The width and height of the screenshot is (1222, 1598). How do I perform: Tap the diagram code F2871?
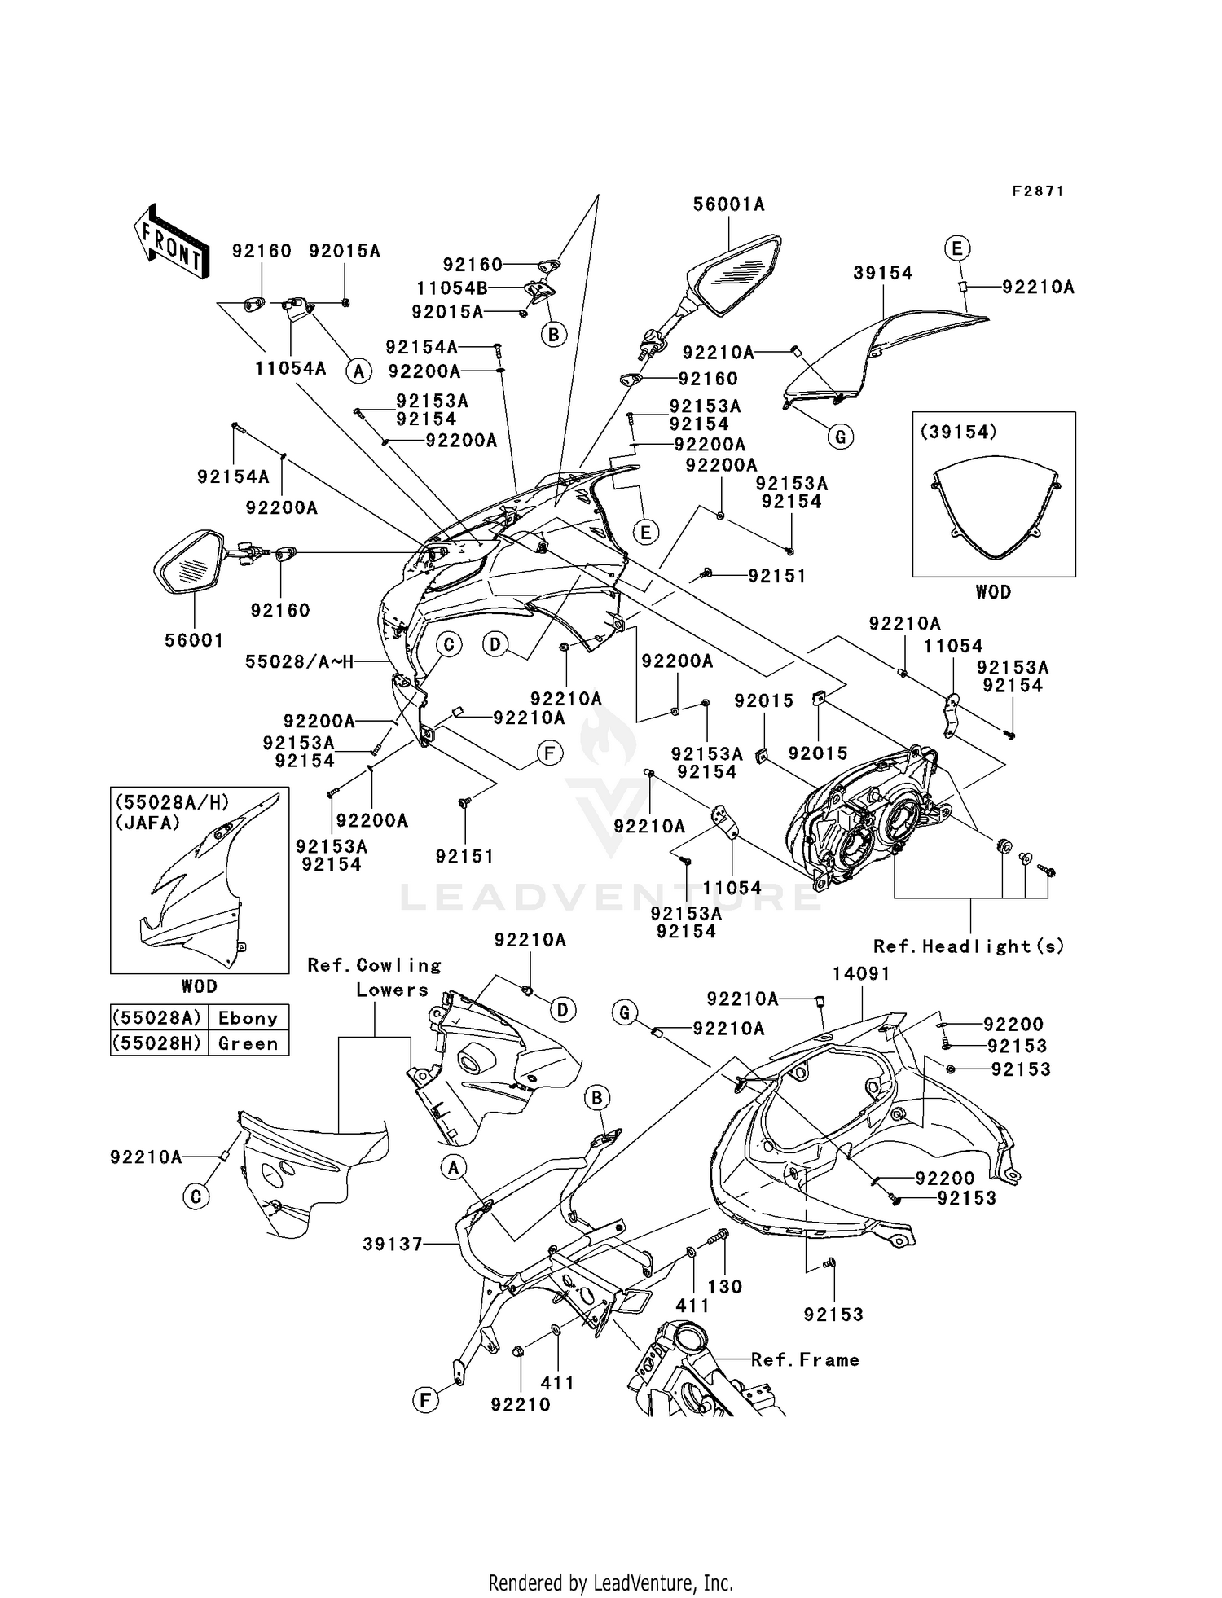tap(1038, 191)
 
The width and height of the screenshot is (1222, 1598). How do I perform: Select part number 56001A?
tap(728, 204)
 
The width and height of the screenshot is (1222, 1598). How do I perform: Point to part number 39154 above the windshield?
tap(882, 274)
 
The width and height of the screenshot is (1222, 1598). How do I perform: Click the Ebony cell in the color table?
tap(248, 1018)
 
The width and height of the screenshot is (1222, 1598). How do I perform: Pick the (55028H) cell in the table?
tap(160, 1043)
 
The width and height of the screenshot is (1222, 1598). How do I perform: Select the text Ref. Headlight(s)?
tap(969, 946)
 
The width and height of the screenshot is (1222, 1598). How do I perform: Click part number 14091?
tap(861, 973)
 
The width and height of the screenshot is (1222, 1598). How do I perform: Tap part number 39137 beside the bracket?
tap(393, 1244)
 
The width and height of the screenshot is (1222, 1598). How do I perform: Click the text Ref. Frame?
tap(805, 1360)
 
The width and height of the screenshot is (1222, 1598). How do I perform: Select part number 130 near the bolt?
tap(724, 1287)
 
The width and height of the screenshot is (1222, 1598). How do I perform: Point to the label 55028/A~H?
tap(299, 662)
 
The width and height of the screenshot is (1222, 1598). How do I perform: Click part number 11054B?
tap(451, 288)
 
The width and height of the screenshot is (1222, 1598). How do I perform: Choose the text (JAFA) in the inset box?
tap(147, 823)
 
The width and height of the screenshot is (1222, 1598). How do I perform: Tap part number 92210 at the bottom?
tap(520, 1405)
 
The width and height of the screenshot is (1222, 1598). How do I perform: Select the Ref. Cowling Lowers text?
tap(376, 977)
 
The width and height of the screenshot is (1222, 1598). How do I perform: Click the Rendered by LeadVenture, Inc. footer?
tap(610, 1583)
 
